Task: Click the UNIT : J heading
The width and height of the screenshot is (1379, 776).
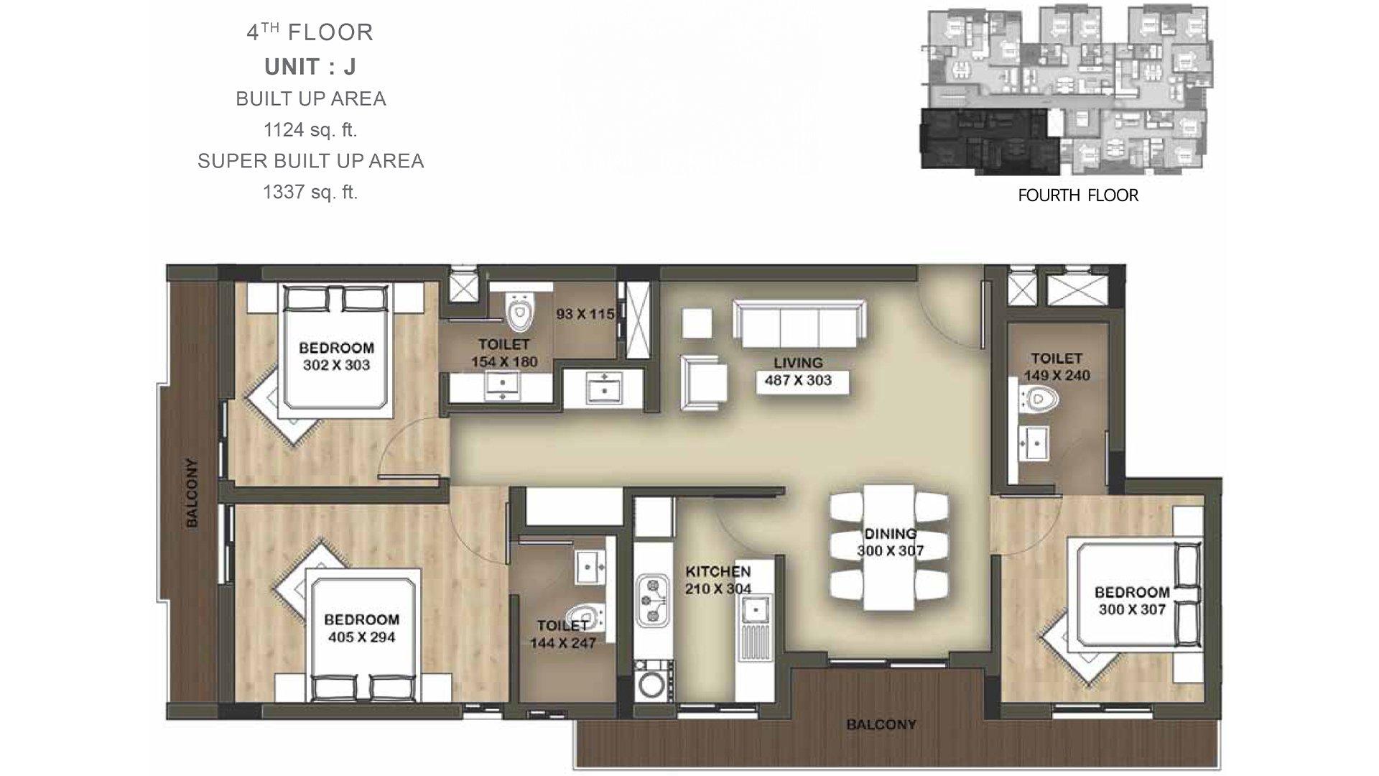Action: pyautogui.click(x=310, y=67)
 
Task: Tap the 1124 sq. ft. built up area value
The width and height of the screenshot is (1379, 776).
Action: pyautogui.click(x=310, y=130)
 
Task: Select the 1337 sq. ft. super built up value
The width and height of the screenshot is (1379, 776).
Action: pyautogui.click(x=310, y=192)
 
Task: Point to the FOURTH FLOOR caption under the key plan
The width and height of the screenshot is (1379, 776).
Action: pyautogui.click(x=1078, y=195)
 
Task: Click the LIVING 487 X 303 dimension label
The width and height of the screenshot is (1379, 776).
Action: pyautogui.click(x=799, y=372)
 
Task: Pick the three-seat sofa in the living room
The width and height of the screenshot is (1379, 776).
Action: pyautogui.click(x=799, y=323)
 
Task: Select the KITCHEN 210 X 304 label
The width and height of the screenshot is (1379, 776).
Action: pyautogui.click(x=718, y=581)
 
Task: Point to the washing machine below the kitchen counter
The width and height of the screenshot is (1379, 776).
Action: pyautogui.click(x=652, y=683)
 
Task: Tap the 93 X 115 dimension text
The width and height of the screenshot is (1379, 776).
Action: pyautogui.click(x=585, y=314)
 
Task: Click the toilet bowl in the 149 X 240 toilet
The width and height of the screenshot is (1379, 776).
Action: pyautogui.click(x=1039, y=399)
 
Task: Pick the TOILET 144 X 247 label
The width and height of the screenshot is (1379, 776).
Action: pyautogui.click(x=563, y=634)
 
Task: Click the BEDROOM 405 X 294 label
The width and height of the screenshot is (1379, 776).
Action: pyautogui.click(x=361, y=628)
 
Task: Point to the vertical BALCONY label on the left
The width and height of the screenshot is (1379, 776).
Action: pyautogui.click(x=192, y=493)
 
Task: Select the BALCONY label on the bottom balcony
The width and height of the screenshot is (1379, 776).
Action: pyautogui.click(x=881, y=724)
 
